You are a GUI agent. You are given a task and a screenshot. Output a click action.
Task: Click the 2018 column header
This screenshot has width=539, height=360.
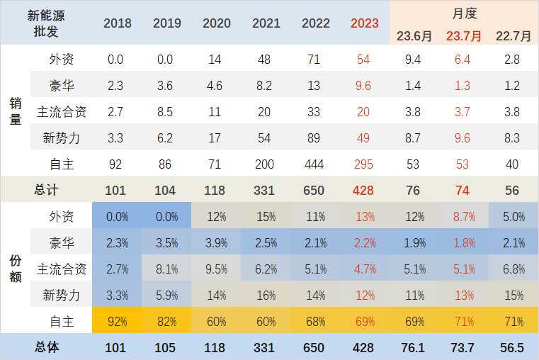(118, 23)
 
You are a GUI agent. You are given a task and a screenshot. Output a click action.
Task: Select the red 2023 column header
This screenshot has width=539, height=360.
(364, 23)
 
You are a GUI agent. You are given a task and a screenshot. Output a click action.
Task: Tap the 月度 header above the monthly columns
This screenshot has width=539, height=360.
(464, 13)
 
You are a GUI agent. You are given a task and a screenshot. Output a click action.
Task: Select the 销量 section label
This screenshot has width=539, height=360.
(15, 111)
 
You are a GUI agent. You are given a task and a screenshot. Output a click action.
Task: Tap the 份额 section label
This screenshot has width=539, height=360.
(15, 269)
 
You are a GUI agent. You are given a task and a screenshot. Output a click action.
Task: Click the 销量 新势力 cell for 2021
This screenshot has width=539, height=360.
(264, 138)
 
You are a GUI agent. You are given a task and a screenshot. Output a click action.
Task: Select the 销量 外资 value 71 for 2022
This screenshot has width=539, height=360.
(314, 60)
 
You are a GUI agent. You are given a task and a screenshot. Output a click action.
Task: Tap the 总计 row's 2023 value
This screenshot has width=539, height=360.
(364, 190)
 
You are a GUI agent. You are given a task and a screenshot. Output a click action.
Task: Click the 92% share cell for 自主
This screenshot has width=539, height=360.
(117, 321)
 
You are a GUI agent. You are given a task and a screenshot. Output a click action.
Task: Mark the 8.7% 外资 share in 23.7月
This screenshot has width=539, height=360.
(463, 217)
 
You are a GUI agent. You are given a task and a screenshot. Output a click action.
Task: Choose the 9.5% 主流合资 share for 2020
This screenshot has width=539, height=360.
(216, 269)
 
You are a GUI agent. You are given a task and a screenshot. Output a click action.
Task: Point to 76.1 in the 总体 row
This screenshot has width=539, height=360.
(413, 348)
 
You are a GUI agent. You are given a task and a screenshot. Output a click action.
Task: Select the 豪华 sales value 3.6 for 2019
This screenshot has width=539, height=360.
(166, 86)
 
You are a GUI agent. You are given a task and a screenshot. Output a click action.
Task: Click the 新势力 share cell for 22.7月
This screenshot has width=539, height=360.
(513, 295)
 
